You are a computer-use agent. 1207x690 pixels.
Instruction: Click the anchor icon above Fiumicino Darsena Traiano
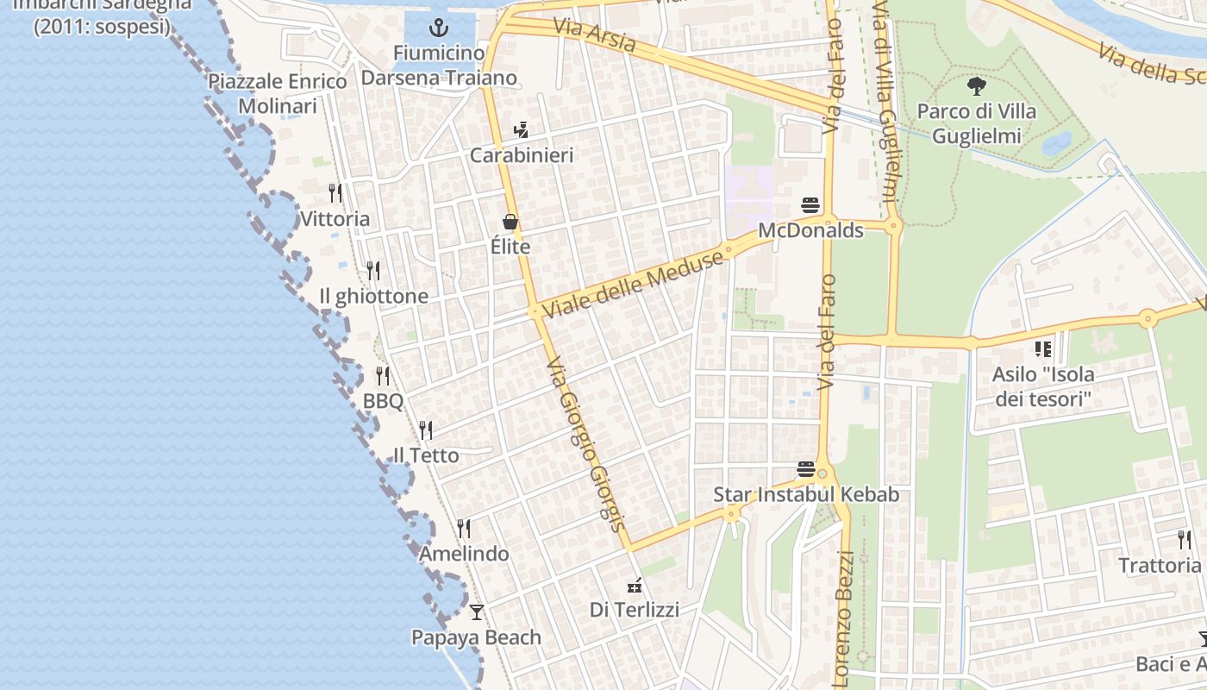coord(439,28)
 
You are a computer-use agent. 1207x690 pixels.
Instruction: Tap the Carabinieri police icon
coord(520,130)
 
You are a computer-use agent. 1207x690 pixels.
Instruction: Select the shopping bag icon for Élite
coord(510,222)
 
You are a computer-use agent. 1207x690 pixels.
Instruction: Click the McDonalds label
coord(810,230)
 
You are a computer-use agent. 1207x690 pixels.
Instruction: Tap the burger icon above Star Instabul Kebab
coord(806,469)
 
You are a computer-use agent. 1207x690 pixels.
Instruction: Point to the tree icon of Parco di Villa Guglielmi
coord(976,85)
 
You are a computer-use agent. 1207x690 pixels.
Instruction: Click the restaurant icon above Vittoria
coord(335,192)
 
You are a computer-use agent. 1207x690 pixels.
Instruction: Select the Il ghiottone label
coord(373,296)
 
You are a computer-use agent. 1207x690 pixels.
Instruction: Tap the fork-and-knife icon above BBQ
coord(383,375)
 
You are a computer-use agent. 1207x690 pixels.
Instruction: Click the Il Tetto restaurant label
coord(426,455)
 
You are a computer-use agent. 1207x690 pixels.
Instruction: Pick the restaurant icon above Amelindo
coord(464,528)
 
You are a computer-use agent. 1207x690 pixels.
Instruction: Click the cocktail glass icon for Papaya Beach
coord(476,612)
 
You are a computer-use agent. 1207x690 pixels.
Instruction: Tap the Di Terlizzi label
coord(635,610)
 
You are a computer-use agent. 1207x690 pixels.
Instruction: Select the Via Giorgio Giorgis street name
coord(585,444)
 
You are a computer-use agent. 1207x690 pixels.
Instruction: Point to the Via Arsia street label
coord(595,35)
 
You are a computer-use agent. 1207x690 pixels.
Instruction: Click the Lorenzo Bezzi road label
coord(846,619)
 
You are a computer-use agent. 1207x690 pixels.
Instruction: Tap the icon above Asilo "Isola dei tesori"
coord(1043,349)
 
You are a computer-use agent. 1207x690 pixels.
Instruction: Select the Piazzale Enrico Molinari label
coord(278,93)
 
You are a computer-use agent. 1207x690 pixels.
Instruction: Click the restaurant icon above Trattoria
coord(1185,540)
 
